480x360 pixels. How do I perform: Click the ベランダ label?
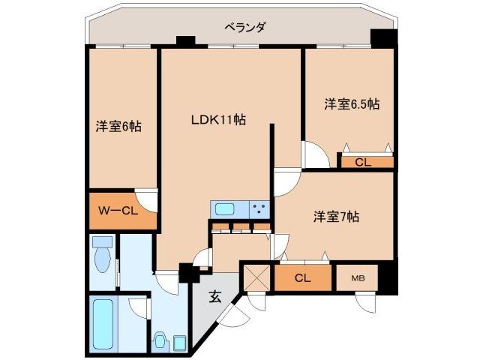(x=244, y=28)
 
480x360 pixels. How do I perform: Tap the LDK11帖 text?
(x=218, y=118)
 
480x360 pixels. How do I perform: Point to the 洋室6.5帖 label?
(x=352, y=103)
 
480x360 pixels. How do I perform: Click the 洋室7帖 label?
(x=335, y=217)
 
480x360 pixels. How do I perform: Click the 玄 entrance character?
(x=215, y=296)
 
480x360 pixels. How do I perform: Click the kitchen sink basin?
(x=225, y=208)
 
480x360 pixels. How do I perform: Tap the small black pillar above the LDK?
(x=184, y=41)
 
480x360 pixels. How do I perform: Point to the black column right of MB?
(x=387, y=279)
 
